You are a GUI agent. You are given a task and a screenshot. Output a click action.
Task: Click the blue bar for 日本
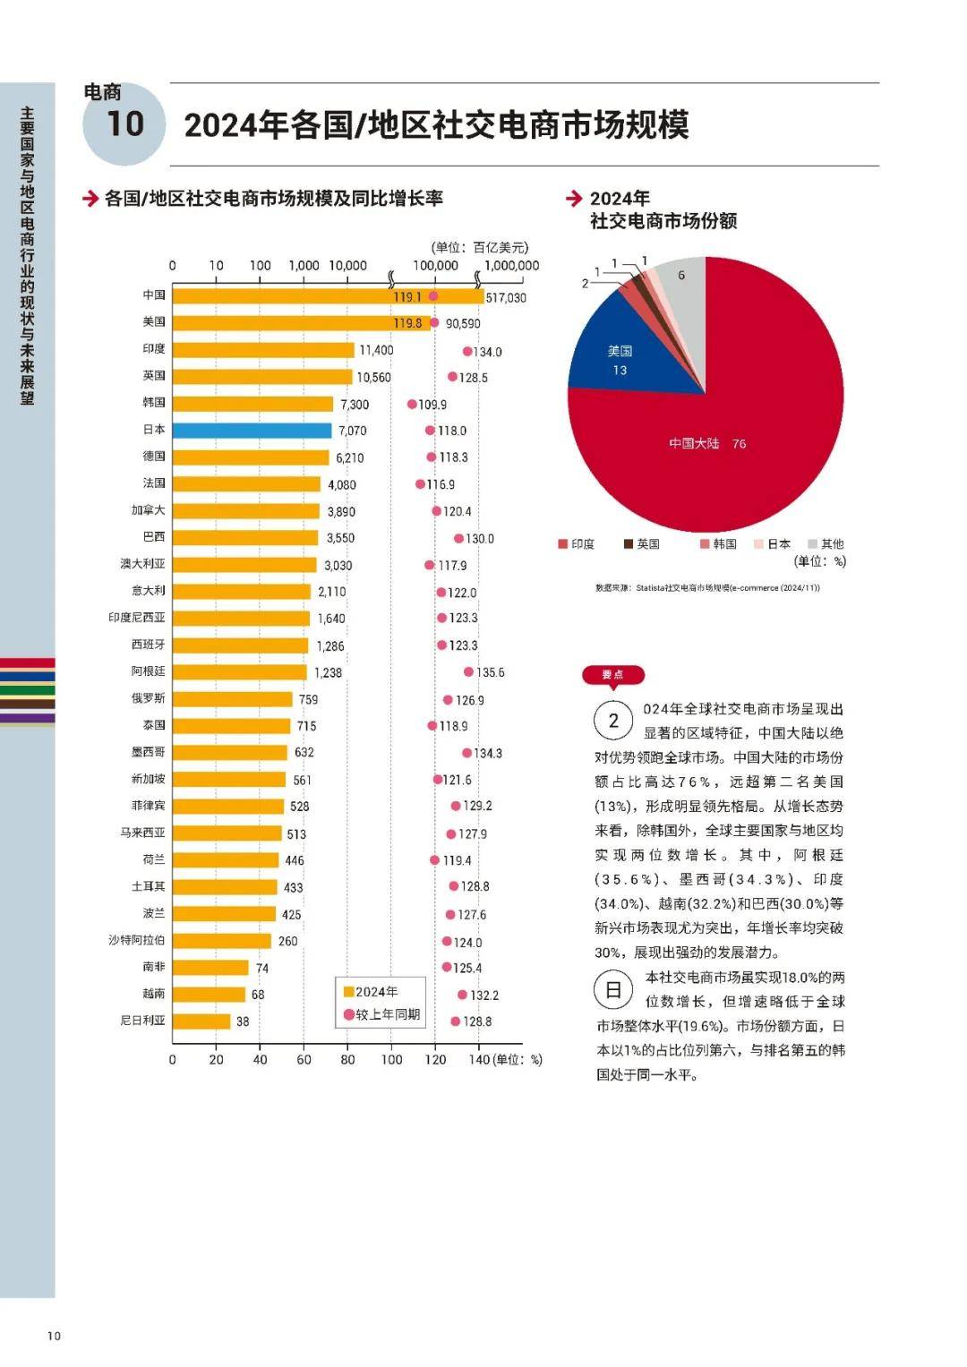[x=252, y=430]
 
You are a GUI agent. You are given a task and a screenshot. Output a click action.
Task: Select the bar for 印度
[x=263, y=349]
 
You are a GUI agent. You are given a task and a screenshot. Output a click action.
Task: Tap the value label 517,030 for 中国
[x=506, y=298]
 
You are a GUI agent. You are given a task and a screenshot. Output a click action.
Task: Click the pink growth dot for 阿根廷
[x=468, y=671]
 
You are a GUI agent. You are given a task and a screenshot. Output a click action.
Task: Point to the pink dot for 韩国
[x=412, y=404]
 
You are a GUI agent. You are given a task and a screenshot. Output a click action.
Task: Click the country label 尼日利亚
[x=142, y=1021]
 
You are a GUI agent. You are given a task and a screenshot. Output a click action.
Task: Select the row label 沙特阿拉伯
[x=137, y=940]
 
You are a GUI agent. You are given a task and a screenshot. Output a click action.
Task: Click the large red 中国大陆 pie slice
[x=716, y=448]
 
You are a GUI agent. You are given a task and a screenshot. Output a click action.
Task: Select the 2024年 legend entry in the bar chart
[x=371, y=992]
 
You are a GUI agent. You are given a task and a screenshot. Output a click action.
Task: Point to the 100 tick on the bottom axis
[x=391, y=1060]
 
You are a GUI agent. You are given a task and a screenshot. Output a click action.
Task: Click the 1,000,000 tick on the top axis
[x=511, y=265]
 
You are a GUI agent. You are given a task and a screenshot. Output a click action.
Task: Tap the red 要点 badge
[x=613, y=675]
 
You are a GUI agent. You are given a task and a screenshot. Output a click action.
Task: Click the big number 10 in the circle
[x=124, y=124]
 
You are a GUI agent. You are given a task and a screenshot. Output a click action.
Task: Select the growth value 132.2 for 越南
[x=484, y=995]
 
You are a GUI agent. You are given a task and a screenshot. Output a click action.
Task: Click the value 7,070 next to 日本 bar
[x=352, y=431]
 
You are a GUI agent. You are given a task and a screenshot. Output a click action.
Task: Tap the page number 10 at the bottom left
[x=54, y=1337]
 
